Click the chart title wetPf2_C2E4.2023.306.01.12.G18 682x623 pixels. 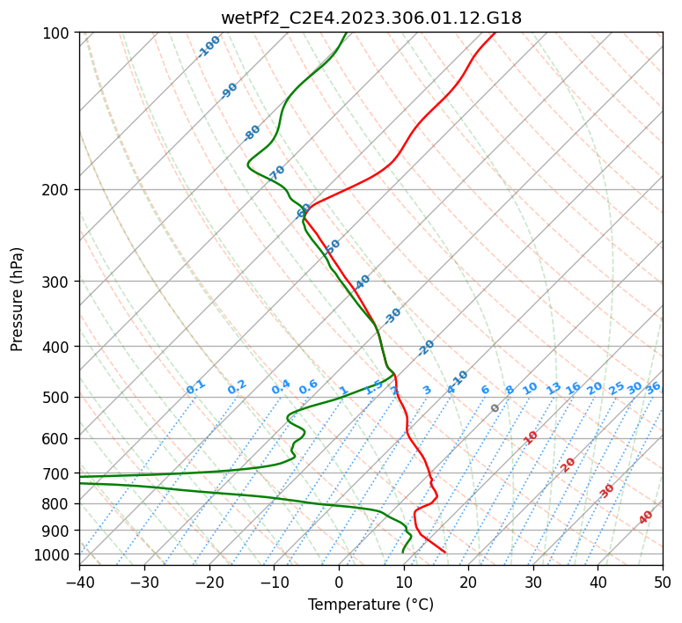click(x=370, y=18)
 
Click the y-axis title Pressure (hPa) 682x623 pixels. click(x=18, y=298)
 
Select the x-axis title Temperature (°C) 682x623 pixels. click(x=370, y=605)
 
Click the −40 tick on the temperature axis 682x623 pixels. click(x=79, y=583)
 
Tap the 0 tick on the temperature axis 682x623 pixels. click(x=339, y=583)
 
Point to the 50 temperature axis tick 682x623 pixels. click(x=663, y=583)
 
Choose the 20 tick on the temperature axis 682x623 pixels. click(x=468, y=583)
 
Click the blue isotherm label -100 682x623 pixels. click(x=209, y=47)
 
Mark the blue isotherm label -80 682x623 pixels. click(x=253, y=133)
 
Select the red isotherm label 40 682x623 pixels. click(x=646, y=518)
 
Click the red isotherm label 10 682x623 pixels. click(x=531, y=437)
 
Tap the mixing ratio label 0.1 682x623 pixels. click(x=195, y=386)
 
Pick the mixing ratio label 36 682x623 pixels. click(x=653, y=387)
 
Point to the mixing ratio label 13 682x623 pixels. click(x=554, y=388)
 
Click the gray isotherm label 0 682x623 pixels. click(x=495, y=408)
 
